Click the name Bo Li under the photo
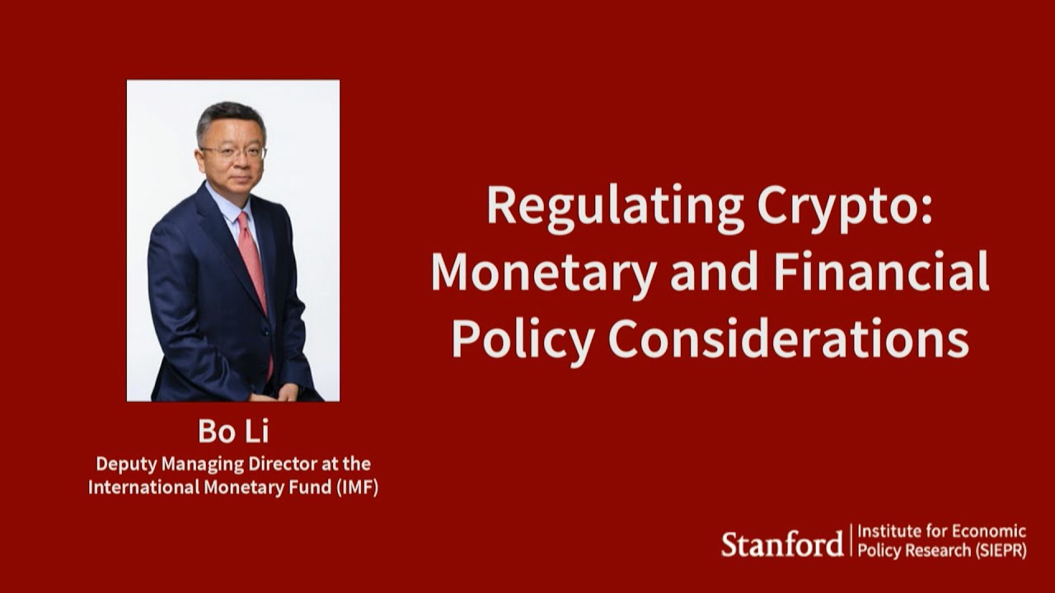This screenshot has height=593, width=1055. pos(233,432)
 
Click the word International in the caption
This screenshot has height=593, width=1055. pos(138,487)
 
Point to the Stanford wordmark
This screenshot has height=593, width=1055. pos(782,544)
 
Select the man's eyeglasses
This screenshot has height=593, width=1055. pos(232,152)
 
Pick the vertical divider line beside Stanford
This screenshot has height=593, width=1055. pos(851,541)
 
